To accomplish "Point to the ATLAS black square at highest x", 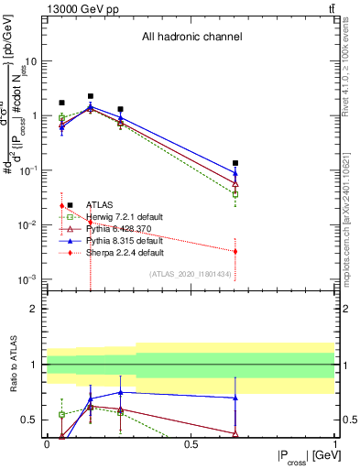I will (235, 163).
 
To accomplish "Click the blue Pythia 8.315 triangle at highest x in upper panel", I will (235, 173).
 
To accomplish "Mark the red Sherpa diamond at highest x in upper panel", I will (235, 251).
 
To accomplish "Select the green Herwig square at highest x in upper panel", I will (235, 194).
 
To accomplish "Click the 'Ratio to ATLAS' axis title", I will (12, 366).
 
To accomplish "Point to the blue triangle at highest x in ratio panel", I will (235, 398).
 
